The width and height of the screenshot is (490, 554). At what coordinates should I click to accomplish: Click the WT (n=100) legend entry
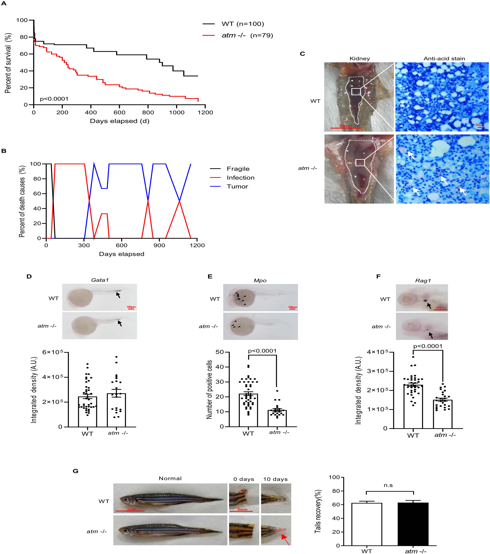coord(242,24)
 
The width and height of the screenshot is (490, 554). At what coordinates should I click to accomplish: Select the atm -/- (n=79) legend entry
coord(247,35)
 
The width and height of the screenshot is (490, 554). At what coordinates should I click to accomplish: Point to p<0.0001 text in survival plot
coord(54,99)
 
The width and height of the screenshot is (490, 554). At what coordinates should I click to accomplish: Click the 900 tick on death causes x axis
coord(159,245)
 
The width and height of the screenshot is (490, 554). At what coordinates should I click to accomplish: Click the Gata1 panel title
coord(100,280)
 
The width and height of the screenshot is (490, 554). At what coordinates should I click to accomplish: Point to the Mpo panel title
coord(260,281)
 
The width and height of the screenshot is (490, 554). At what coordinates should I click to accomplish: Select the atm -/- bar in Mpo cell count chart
coord(277,419)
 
